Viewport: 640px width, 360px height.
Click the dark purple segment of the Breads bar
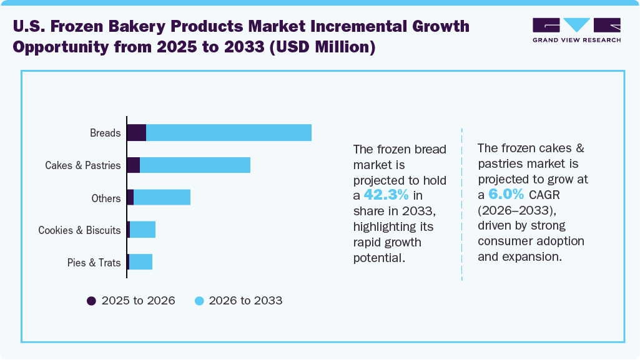137,133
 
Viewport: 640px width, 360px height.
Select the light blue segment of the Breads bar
229,133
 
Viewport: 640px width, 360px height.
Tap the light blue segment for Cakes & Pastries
195,165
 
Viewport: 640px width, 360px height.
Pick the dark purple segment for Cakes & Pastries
133,165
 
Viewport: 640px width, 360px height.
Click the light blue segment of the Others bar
162,198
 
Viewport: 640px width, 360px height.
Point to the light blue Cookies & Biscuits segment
142,230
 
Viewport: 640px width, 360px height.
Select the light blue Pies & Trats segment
140,262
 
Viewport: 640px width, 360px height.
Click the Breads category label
105,134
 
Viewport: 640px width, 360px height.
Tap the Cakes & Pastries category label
82,166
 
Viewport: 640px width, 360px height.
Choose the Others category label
106,198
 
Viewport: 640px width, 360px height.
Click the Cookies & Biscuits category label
79,230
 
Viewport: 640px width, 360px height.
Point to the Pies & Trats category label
94,263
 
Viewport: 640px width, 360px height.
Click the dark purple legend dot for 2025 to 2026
91,301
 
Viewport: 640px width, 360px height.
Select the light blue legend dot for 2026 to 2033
199,301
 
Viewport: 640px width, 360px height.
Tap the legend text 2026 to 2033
245,301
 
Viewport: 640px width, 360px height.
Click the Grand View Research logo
576,30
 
